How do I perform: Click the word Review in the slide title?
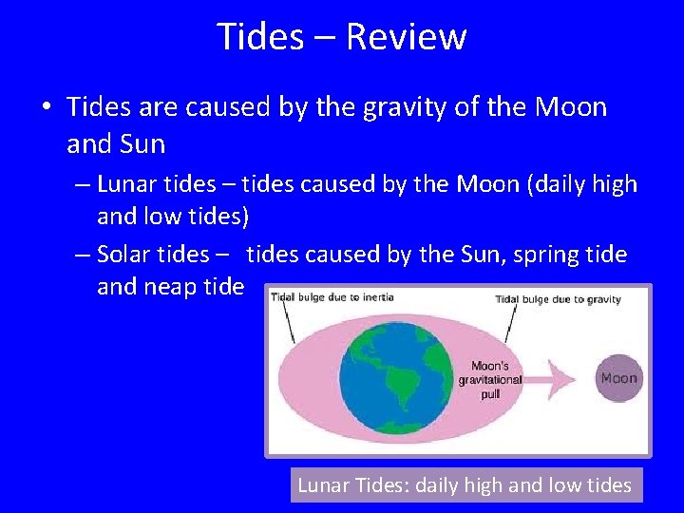(406, 37)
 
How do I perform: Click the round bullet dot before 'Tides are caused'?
(47, 107)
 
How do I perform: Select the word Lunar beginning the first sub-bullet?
(126, 183)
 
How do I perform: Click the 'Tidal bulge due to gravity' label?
(558, 299)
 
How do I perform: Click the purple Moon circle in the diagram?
(617, 378)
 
